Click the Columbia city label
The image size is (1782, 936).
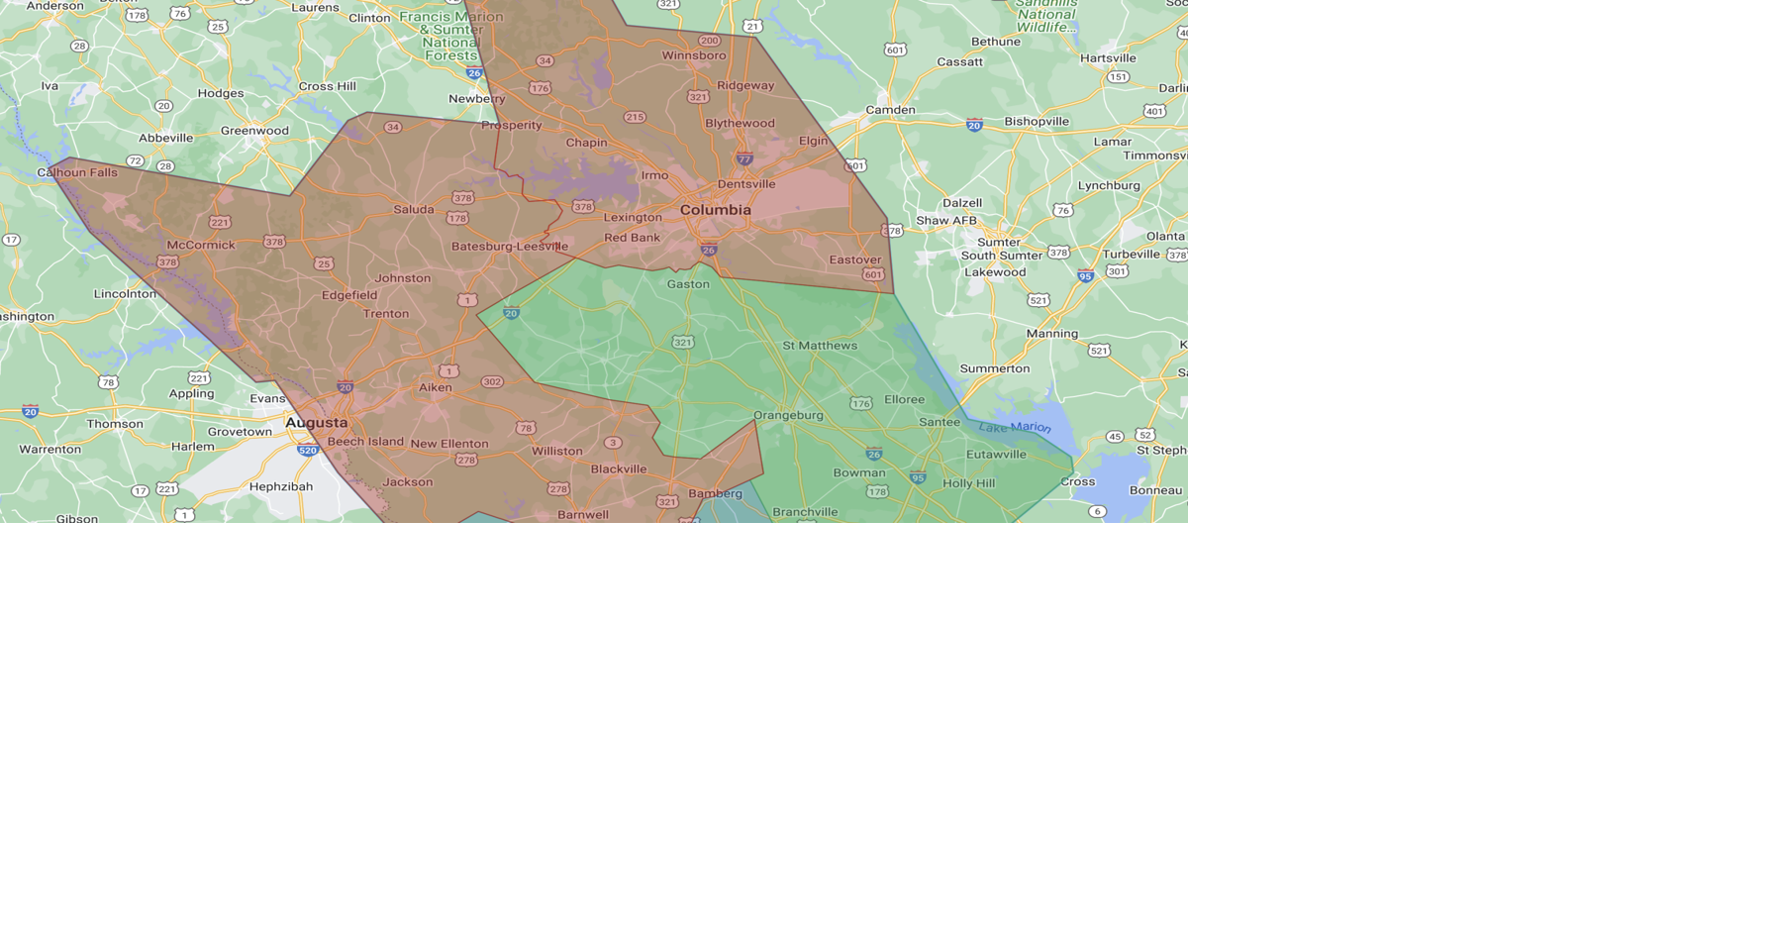(x=715, y=210)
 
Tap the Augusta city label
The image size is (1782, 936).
(x=317, y=423)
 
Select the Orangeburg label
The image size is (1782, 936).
(x=788, y=415)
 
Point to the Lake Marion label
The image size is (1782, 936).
(x=1015, y=427)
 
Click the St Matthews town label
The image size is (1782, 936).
(x=820, y=346)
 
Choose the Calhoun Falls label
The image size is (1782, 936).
(x=77, y=172)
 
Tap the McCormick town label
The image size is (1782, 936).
(x=201, y=245)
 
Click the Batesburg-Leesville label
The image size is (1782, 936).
(x=510, y=246)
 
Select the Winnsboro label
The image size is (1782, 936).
(x=694, y=55)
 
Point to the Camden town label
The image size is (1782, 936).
(x=890, y=110)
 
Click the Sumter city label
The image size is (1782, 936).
(x=998, y=242)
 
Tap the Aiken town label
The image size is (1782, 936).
(x=435, y=387)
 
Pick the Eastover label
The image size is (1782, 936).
(x=855, y=260)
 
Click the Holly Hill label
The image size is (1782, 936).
(x=969, y=483)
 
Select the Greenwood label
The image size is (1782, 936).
(x=254, y=131)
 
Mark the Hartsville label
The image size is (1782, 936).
(x=1108, y=58)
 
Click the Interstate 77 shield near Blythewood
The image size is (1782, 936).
(x=744, y=158)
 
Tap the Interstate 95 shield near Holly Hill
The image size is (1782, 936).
(x=919, y=478)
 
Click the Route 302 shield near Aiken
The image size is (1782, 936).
(x=492, y=381)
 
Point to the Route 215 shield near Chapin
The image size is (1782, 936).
(x=635, y=117)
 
